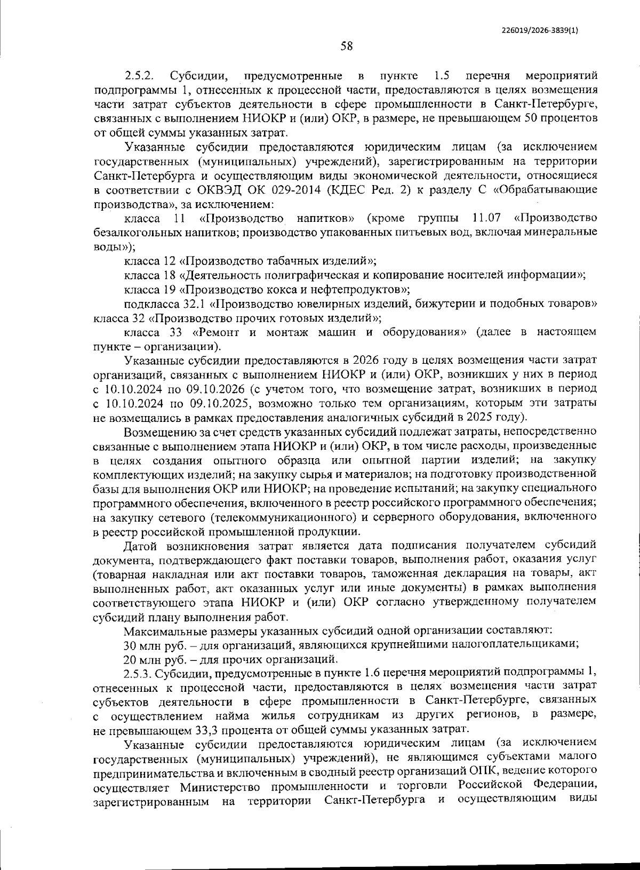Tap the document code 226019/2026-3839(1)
pos(540,30)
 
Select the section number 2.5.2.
pos(140,75)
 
